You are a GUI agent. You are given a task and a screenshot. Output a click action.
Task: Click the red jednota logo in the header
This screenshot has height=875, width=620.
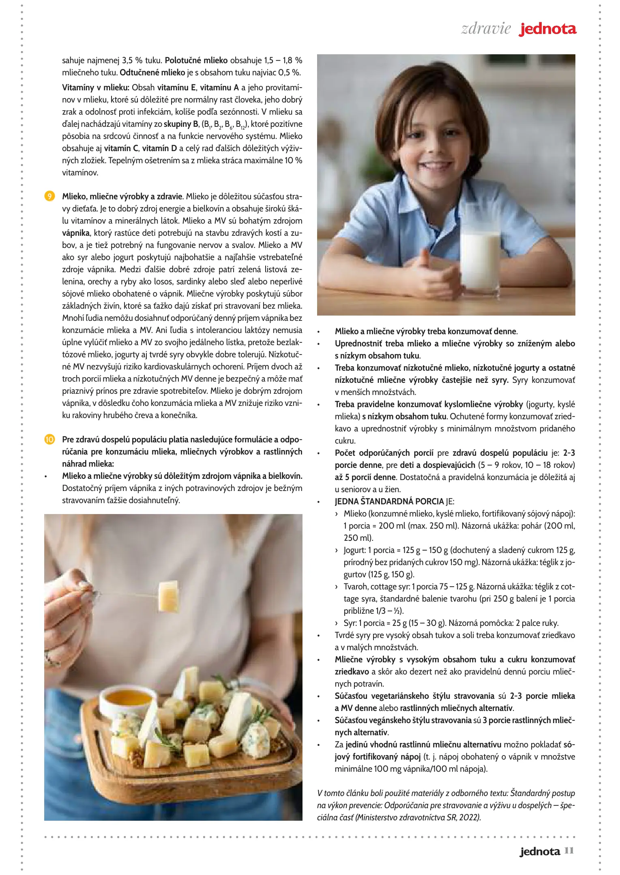[547, 29]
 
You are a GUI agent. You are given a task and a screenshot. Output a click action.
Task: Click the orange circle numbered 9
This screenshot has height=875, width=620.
[49, 196]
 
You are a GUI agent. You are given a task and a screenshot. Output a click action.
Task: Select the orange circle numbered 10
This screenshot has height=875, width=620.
[49, 440]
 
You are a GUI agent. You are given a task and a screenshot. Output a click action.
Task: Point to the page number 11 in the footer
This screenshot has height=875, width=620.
[569, 850]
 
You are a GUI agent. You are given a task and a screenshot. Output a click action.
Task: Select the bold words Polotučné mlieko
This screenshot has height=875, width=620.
[196, 60]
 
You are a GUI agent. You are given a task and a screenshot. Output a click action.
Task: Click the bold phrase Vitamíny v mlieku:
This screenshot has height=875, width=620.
[96, 87]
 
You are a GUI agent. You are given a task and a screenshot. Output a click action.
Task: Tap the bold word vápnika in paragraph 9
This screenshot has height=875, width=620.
[76, 233]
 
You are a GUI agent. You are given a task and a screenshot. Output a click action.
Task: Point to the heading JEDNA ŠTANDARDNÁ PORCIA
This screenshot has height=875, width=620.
[389, 502]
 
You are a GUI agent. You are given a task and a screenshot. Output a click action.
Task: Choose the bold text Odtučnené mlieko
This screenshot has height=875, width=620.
[152, 73]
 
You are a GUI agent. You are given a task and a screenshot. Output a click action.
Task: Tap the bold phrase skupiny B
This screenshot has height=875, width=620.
[181, 124]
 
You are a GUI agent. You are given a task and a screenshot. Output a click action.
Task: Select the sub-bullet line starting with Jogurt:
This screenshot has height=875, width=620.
[459, 550]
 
